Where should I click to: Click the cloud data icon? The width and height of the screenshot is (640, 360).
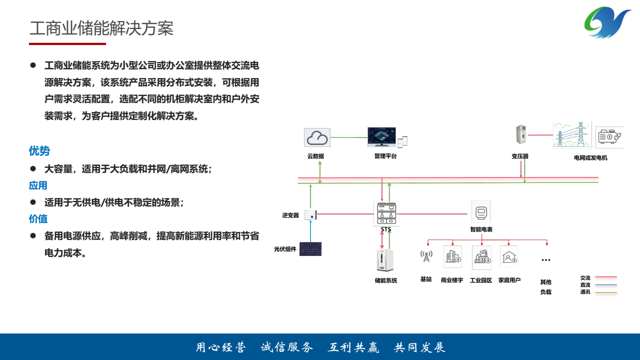[317, 137]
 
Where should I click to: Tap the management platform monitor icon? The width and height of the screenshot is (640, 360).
[381, 136]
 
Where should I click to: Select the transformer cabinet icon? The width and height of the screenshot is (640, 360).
[520, 135]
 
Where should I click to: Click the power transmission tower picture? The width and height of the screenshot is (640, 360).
[572, 135]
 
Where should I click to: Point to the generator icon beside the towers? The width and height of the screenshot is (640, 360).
[609, 137]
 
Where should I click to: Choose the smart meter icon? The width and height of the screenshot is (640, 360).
[481, 212]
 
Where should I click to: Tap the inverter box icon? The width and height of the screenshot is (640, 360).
[311, 215]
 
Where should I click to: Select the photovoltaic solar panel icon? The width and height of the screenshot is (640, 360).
[310, 249]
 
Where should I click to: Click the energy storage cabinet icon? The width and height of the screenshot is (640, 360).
[385, 260]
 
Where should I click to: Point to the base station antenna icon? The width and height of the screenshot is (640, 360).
[426, 256]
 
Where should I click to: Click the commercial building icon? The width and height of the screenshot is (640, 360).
[452, 257]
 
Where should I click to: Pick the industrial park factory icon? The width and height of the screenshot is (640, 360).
[481, 257]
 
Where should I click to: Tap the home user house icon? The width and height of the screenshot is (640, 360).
[509, 257]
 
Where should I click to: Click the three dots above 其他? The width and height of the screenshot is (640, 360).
[546, 260]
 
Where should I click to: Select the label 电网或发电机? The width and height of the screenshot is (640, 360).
[590, 158]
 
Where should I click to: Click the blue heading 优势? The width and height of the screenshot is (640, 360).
[39, 151]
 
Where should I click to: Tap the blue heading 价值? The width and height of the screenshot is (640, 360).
[38, 219]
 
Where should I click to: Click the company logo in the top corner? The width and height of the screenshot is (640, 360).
[607, 22]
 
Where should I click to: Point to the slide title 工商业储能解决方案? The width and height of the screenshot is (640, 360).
[101, 28]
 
